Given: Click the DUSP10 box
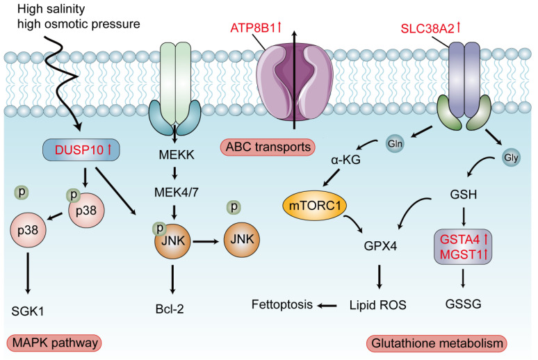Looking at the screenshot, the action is tap(81, 150).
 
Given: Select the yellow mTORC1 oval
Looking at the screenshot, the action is tap(315, 206).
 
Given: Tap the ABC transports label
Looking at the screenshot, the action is tap(268, 147).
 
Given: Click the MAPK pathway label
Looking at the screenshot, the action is tap(54, 343).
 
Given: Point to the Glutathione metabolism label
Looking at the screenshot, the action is tap(437, 343).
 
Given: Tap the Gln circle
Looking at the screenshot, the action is tap(395, 143).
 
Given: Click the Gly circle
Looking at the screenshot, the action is tap(511, 158).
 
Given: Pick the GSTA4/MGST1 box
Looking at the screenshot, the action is tap(463, 247).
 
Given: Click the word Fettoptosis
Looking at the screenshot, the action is tap(282, 304).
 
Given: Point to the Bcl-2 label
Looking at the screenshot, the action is tap(170, 309).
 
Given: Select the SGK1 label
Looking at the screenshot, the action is tap(27, 311).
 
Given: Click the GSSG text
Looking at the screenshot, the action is tap(463, 304).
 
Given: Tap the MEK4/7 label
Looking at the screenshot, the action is tap(177, 193).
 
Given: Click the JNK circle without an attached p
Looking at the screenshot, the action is tap(242, 239).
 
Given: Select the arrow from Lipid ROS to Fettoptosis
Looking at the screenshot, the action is tap(327, 305).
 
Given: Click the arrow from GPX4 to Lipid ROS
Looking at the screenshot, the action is tap(379, 277).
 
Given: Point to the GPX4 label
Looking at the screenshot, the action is tap(380, 246).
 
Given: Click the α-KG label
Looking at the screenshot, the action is tap(346, 160).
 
